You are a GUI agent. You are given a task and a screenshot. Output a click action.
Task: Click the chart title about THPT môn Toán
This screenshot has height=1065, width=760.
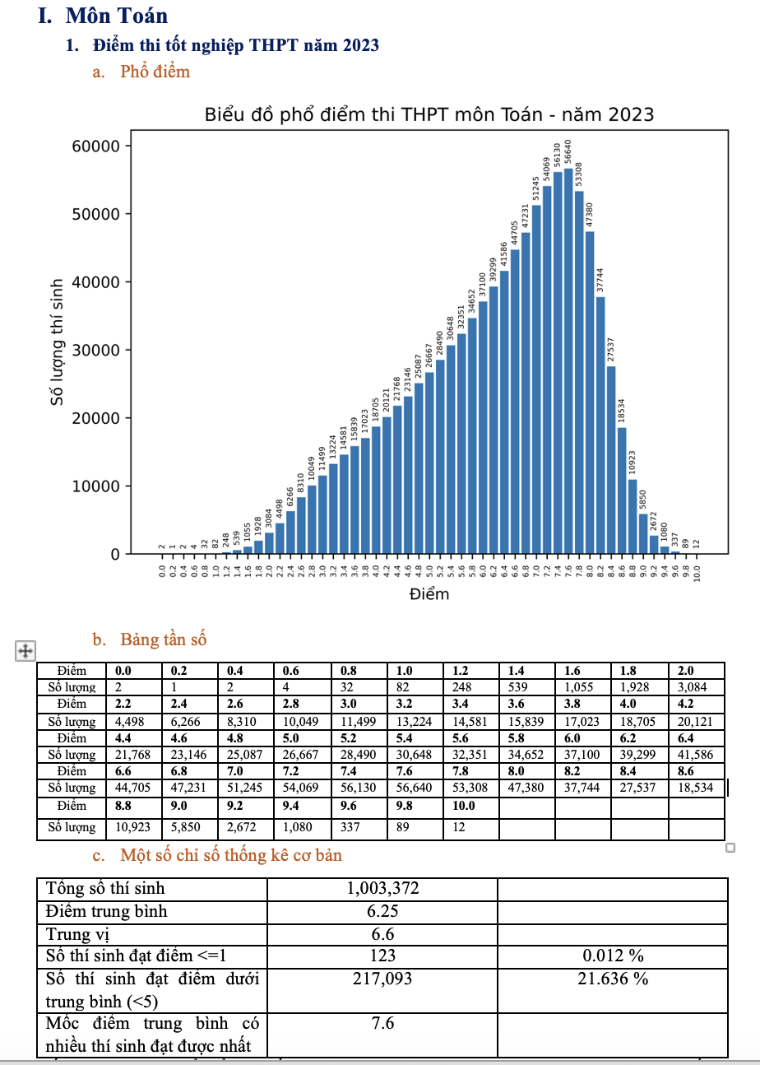pos(429,114)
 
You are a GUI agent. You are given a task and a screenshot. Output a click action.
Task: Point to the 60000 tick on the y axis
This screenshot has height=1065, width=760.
pos(98,146)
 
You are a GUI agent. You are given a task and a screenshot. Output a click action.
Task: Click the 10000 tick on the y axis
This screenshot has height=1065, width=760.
pos(98,486)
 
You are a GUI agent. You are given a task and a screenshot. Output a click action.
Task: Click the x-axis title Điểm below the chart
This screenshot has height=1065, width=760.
pos(429,594)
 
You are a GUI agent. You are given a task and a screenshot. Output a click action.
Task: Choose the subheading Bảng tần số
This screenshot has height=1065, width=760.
pos(163,639)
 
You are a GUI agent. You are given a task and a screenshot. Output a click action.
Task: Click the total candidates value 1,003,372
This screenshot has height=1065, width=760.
pos(382,888)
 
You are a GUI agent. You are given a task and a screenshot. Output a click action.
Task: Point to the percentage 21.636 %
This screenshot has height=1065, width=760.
pos(613,979)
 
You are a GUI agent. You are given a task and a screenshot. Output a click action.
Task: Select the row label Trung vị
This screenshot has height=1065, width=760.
pos(78,934)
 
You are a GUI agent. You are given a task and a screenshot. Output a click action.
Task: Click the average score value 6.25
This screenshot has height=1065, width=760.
pos(382,911)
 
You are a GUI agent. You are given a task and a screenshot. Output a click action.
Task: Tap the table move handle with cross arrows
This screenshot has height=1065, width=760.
pos(25,650)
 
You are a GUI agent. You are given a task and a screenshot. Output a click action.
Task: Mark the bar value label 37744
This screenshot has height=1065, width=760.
pos(600,280)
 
